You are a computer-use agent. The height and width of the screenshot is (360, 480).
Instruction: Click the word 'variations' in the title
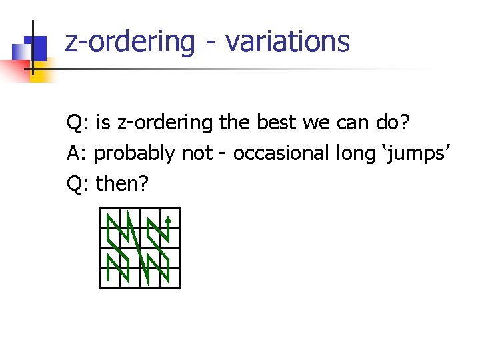click(287, 41)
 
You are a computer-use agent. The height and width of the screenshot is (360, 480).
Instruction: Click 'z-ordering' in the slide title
click(130, 41)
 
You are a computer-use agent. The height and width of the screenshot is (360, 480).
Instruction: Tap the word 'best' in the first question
click(276, 123)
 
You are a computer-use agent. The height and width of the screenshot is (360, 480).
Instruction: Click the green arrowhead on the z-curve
click(169, 217)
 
